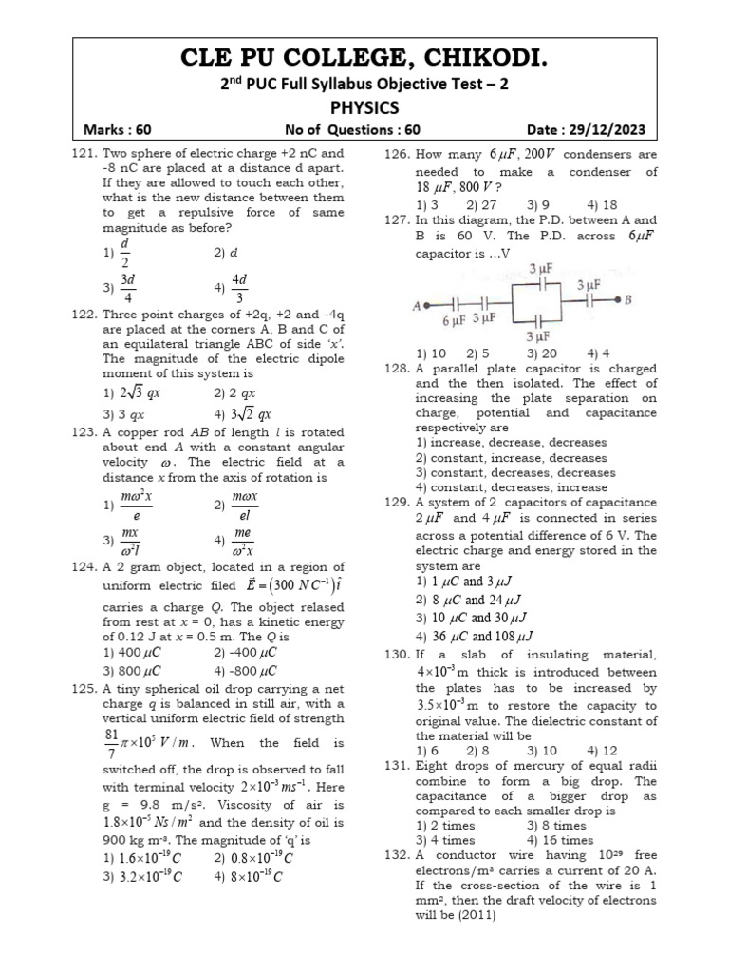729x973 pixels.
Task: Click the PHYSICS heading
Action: pos(364,107)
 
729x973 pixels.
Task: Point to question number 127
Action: pos(398,219)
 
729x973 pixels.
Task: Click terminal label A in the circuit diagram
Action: pos(417,306)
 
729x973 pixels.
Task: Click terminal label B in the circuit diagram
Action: pos(628,301)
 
